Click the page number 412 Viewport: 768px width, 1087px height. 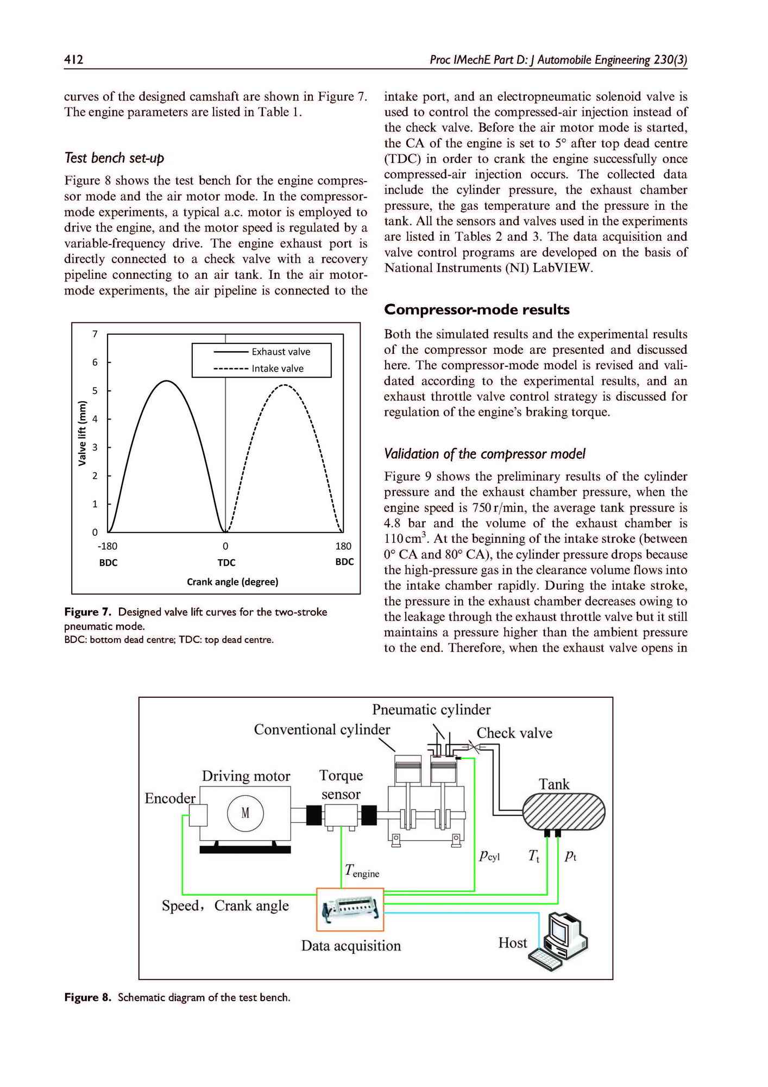(73, 59)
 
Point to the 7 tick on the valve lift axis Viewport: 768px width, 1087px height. (95, 334)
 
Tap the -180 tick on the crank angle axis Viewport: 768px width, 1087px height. (108, 546)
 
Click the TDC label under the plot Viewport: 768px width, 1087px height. (226, 563)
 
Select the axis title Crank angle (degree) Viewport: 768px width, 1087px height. (232, 582)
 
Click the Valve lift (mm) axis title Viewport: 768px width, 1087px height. (83, 433)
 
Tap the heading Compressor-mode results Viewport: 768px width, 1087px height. (477, 310)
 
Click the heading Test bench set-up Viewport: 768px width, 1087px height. (114, 158)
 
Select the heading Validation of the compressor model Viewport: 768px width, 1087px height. (484, 454)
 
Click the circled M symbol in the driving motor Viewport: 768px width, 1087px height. (245, 814)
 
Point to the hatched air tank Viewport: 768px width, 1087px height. (563, 811)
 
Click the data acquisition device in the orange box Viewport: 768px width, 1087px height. (350, 909)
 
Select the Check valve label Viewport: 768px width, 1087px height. (514, 733)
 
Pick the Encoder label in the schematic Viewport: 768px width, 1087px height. (170, 798)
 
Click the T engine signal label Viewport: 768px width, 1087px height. (362, 871)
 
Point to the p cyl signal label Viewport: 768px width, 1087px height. (489, 856)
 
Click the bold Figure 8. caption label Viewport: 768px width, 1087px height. (88, 997)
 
